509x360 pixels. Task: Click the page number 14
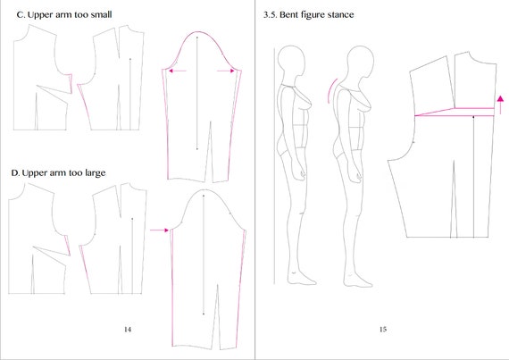point(128,329)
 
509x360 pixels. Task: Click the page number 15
point(383,329)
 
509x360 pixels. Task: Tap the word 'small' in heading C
point(101,14)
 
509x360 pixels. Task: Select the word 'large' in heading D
point(96,172)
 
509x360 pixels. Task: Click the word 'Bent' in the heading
point(289,14)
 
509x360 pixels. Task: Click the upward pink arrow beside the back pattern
point(501,105)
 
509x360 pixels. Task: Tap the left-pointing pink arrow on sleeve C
point(177,71)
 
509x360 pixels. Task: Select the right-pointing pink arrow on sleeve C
point(226,71)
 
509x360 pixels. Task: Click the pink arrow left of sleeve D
point(159,230)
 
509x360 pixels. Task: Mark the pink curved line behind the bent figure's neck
point(330,90)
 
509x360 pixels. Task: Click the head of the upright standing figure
point(291,61)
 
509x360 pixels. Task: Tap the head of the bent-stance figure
point(361,62)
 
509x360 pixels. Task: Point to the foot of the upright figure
point(302,279)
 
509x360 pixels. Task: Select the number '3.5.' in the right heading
point(270,14)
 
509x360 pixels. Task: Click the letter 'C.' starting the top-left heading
point(21,14)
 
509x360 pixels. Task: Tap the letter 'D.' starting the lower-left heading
point(15,172)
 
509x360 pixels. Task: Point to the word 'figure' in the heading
point(313,15)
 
